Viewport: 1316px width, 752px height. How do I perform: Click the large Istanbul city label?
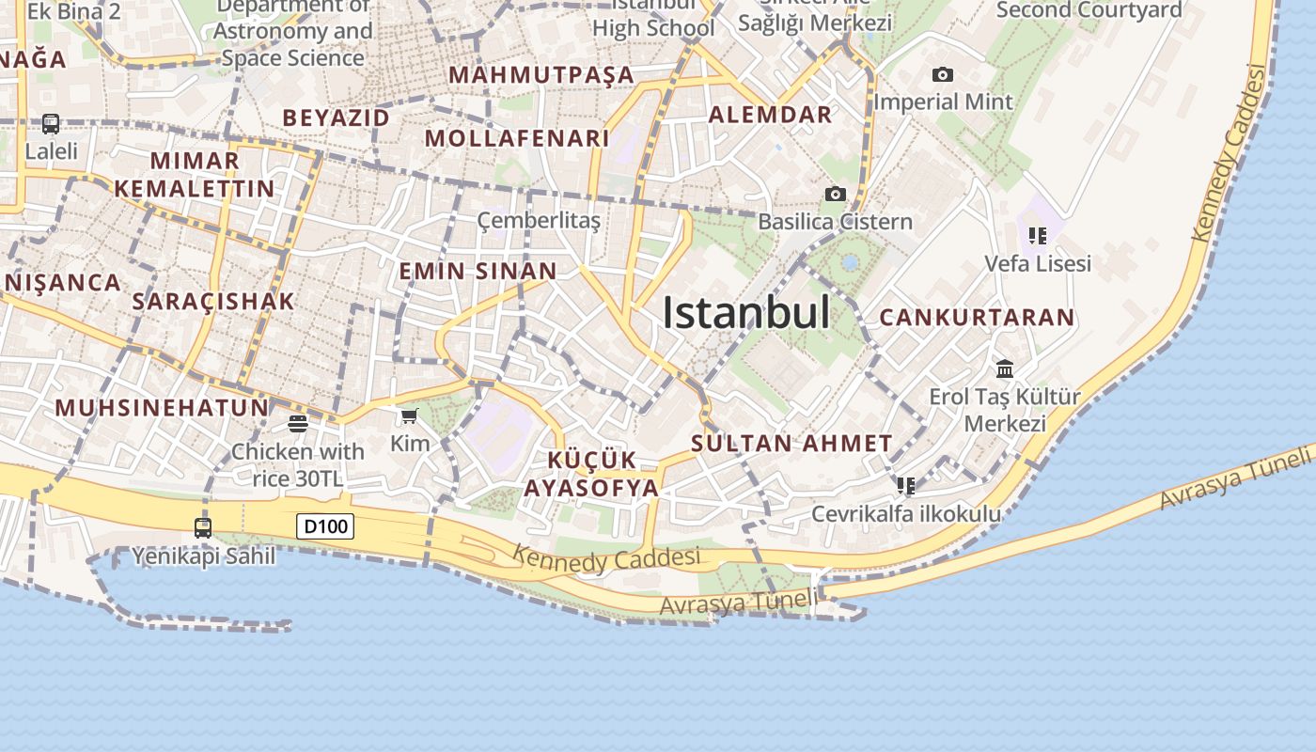(x=746, y=313)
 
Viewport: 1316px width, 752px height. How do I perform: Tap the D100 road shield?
(x=325, y=526)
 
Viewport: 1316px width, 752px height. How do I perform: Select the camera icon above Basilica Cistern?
(x=835, y=195)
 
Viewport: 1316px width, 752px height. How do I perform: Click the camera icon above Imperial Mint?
(x=942, y=75)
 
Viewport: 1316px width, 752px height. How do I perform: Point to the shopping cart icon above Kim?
(x=409, y=416)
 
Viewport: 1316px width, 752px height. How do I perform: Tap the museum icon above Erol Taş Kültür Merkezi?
(x=1005, y=368)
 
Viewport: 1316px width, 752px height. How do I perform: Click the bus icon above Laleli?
(x=51, y=124)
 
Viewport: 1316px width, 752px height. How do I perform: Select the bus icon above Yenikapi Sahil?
(x=203, y=528)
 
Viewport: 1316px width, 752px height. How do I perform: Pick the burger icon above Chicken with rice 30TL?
(x=298, y=424)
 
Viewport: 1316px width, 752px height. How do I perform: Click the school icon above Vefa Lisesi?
(x=1038, y=236)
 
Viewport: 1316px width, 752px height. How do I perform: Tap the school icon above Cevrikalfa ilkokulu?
(x=906, y=486)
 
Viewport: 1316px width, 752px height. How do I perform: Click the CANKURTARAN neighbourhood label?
(x=977, y=318)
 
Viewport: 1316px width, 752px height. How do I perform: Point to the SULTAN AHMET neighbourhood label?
(x=791, y=444)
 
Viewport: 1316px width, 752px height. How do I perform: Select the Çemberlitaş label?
(x=539, y=221)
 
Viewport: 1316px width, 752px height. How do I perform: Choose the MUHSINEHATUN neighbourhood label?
(x=162, y=408)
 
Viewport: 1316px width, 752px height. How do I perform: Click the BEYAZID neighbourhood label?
(x=336, y=117)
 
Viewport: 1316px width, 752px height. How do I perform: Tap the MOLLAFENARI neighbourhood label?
(x=517, y=138)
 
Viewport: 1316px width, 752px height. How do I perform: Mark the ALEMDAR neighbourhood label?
(x=770, y=115)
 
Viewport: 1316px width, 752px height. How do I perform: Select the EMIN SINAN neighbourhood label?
(x=478, y=272)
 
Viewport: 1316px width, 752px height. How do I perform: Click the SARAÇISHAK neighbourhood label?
(x=213, y=302)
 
